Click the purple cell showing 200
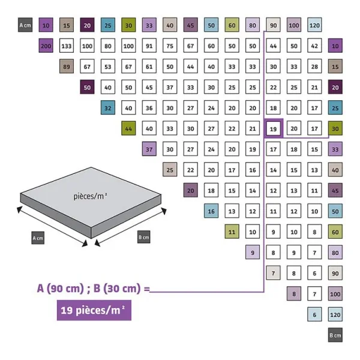tap(46, 46)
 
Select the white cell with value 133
tap(67, 46)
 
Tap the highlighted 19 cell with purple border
tap(273, 128)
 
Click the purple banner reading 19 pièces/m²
tap(94, 310)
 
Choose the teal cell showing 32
tap(108, 108)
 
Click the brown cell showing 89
tap(67, 67)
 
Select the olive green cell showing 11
tap(232, 232)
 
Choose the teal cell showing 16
tap(211, 211)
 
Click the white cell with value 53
tap(108, 67)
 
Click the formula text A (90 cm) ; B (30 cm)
tap(92, 288)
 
